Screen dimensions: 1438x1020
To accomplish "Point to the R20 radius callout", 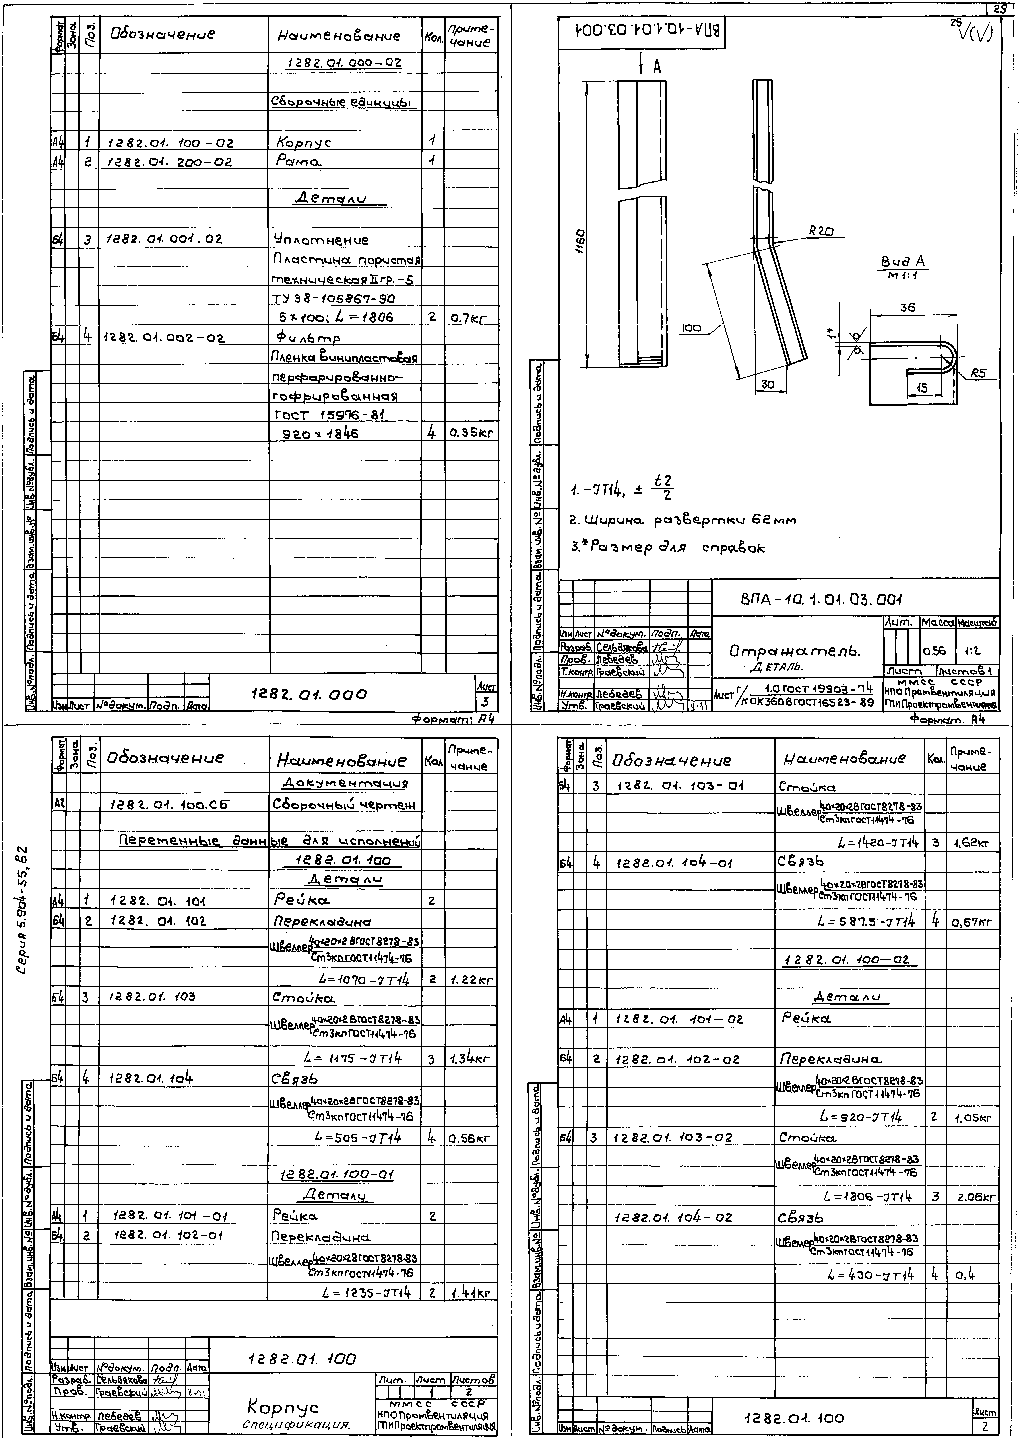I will (821, 231).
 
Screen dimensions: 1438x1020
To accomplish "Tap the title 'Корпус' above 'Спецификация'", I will (283, 1407).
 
